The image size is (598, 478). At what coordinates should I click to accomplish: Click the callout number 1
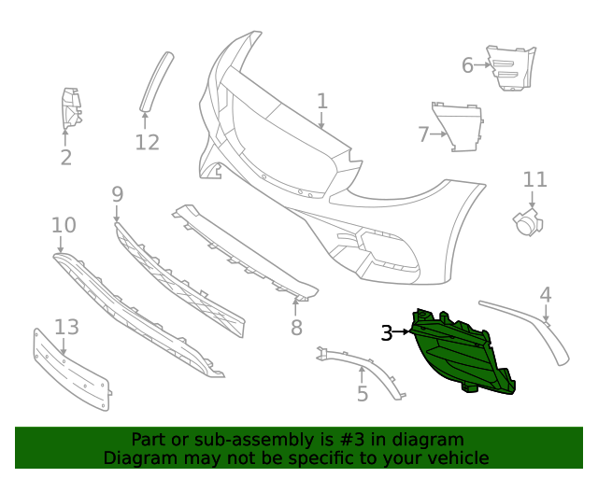322,101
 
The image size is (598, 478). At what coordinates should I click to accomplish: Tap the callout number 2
65,158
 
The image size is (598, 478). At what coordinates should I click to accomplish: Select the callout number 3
387,332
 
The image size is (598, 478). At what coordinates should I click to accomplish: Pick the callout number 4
546,296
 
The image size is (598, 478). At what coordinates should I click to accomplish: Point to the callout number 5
363,393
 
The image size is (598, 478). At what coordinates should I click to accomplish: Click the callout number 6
467,65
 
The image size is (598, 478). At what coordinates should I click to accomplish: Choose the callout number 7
423,134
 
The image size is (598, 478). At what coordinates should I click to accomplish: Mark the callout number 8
296,328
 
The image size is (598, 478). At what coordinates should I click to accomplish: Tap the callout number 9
117,194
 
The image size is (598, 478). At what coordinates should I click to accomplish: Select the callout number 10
64,225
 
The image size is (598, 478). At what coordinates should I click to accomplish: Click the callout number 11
534,179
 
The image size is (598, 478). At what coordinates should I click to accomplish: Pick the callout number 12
147,142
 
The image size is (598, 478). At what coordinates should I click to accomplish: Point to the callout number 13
66,328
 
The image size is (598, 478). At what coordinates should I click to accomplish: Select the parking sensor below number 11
529,222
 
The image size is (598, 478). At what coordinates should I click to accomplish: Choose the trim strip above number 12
157,81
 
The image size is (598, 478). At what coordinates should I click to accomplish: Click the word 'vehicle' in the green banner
455,457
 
